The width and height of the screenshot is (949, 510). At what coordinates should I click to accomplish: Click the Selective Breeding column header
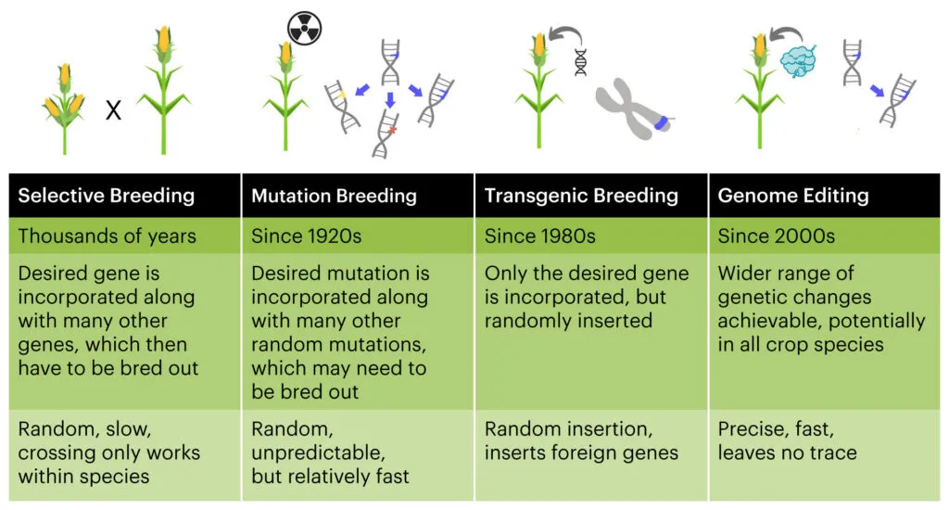[x=125, y=196]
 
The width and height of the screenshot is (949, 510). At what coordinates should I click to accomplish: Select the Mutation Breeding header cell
[x=358, y=196]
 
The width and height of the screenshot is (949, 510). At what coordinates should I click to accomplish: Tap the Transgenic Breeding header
[x=591, y=196]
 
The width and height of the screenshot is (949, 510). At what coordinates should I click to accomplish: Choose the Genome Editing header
[x=824, y=196]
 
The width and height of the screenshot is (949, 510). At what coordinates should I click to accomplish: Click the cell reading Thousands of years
[x=125, y=236]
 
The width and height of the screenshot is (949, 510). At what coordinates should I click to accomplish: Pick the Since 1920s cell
[x=358, y=236]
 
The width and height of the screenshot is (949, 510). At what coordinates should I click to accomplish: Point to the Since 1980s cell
[x=591, y=236]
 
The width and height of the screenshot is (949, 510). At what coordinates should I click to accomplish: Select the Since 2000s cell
[x=824, y=236]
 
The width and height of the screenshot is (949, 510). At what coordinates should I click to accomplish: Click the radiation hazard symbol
[x=304, y=28]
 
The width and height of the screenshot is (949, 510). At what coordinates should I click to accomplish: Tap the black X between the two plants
[x=113, y=110]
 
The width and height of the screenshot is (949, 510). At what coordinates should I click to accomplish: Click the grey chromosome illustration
[x=632, y=108]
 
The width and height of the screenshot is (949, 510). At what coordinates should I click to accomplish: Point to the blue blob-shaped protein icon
[x=799, y=61]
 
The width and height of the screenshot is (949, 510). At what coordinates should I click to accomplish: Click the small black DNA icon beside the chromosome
[x=580, y=62]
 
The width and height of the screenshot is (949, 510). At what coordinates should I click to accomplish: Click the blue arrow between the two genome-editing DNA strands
[x=877, y=91]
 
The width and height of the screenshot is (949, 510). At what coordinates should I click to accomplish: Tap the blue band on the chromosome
[x=662, y=122]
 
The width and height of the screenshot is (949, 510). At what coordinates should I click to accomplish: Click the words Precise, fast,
[x=776, y=428]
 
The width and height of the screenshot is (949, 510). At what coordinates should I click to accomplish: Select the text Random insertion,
[x=568, y=428]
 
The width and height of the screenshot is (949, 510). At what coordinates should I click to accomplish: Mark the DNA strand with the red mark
[x=386, y=134]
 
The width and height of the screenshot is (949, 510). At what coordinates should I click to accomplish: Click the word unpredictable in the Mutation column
[x=318, y=453]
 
